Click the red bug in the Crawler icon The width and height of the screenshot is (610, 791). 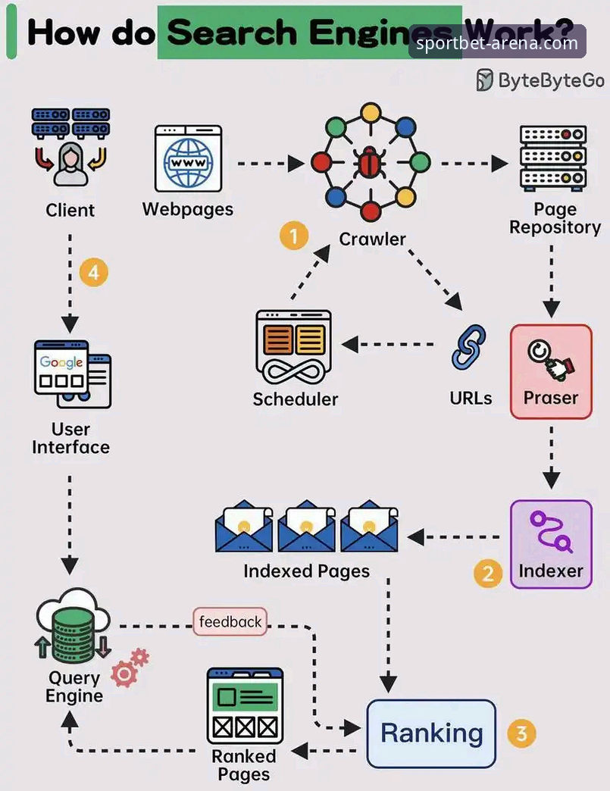371,162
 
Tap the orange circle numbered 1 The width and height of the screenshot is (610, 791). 294,236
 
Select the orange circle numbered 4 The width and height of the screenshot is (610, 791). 94,273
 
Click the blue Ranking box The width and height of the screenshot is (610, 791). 431,733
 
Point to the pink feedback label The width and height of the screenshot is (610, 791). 230,621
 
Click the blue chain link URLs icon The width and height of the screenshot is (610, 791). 468,348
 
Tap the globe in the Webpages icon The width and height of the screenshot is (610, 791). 188,162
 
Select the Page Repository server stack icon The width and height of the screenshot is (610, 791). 553,158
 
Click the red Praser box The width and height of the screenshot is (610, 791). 551,372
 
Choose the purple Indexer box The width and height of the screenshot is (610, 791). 551,544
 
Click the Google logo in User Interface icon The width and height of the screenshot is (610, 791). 61,361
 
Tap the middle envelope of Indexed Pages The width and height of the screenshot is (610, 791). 306,526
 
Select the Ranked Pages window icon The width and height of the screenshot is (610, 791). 246,705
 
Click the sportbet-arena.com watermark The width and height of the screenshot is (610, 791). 497,43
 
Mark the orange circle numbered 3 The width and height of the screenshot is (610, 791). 521,733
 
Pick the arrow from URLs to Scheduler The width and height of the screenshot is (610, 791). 387,345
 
